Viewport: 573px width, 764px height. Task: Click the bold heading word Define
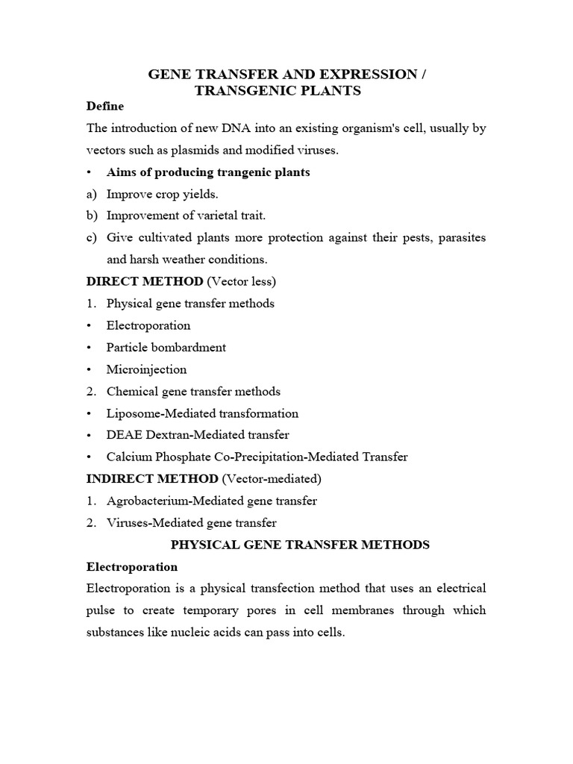pyautogui.click(x=105, y=107)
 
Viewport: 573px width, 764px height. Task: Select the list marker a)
pyautogui.click(x=93, y=194)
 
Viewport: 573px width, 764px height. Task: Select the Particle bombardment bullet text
pyautogui.click(x=166, y=347)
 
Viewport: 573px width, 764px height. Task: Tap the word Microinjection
pyautogui.click(x=146, y=369)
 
